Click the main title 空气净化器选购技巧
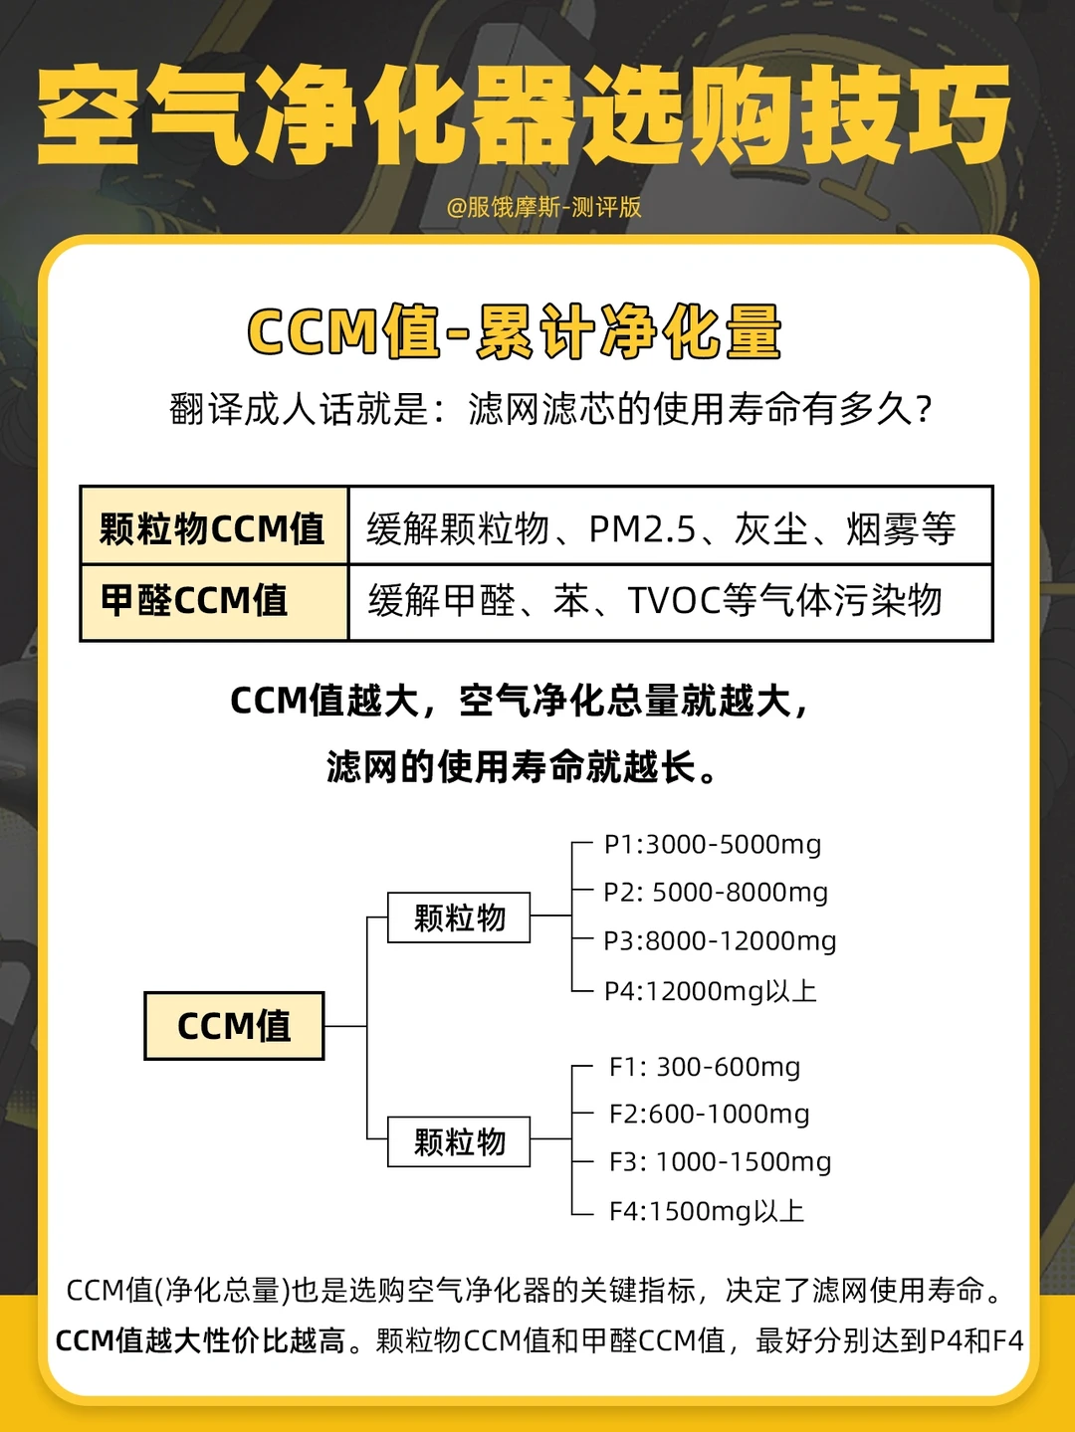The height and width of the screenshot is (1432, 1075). [525, 114]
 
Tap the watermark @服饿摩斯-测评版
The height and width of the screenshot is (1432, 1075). [543, 207]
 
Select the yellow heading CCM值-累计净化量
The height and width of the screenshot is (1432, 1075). [514, 332]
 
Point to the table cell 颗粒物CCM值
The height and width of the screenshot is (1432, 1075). [213, 527]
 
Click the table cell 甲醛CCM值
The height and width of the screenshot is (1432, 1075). [195, 601]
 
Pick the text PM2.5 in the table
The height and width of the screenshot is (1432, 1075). [642, 529]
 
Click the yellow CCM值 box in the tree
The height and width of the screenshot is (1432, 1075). [234, 1026]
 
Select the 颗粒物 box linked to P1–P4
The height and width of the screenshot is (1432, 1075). [459, 918]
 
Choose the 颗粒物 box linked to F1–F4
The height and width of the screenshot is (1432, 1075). [459, 1141]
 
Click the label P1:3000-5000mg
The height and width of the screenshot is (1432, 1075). [713, 845]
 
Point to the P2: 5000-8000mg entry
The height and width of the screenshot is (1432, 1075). [716, 893]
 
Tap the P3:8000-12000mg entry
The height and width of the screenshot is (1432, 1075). [720, 941]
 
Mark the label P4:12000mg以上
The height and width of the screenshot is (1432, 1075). [711, 991]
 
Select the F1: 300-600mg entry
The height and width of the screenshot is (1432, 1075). [705, 1067]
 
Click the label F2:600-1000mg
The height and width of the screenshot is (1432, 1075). [709, 1115]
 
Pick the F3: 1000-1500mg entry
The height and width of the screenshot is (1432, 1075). [720, 1162]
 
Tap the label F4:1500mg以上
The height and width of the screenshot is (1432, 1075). [707, 1211]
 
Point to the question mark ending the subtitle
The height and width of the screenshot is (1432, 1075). [924, 410]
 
